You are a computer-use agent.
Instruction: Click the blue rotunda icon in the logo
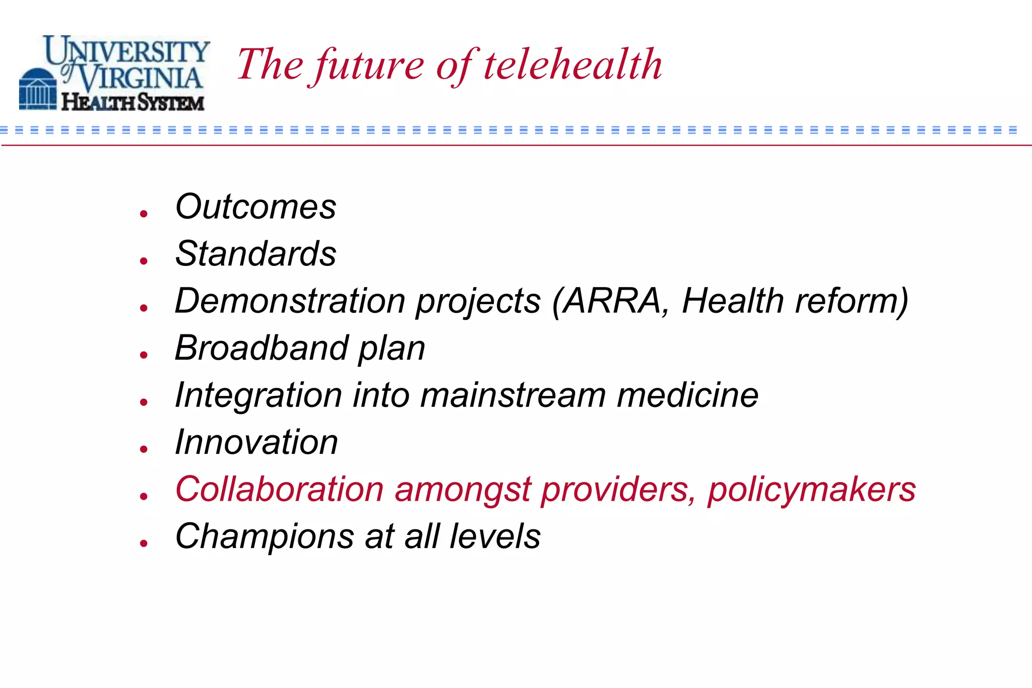pyautogui.click(x=38, y=89)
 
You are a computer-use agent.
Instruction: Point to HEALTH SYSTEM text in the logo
pyautogui.click(x=133, y=102)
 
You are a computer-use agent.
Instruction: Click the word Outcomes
pyautogui.click(x=255, y=207)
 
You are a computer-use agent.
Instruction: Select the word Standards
pyautogui.click(x=255, y=253)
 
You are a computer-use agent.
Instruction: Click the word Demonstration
pyautogui.click(x=290, y=301)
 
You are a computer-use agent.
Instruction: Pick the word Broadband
pyautogui.click(x=262, y=348)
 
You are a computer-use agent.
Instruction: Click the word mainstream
pyautogui.click(x=513, y=395)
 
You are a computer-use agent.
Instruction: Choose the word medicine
pyautogui.click(x=688, y=395)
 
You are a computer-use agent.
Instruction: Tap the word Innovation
pyautogui.click(x=256, y=442)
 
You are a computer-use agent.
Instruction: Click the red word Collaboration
pyautogui.click(x=279, y=489)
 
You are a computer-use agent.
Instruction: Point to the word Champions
pyautogui.click(x=265, y=536)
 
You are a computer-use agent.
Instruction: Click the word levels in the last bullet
pyautogui.click(x=495, y=536)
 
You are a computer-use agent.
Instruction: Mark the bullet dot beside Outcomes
pyautogui.click(x=144, y=214)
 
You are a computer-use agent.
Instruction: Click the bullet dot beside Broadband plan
pyautogui.click(x=144, y=355)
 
